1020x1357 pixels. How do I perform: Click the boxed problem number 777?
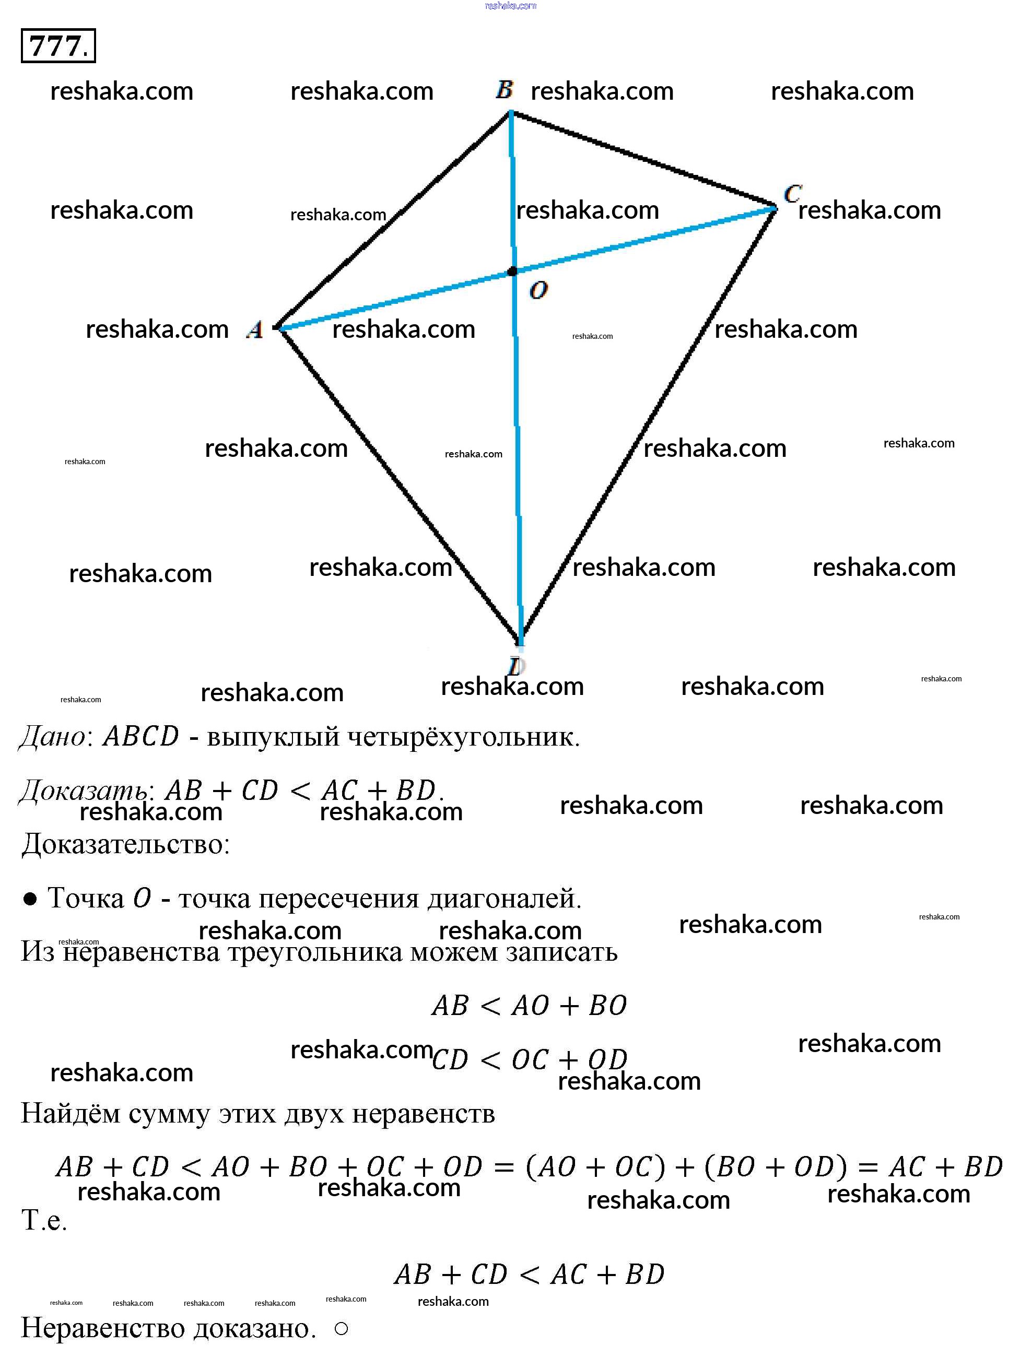click(x=58, y=45)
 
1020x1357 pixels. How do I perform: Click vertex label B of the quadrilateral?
click(x=505, y=90)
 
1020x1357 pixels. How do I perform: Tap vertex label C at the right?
click(x=792, y=193)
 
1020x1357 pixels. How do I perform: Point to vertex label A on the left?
click(x=255, y=330)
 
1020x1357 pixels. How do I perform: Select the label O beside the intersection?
click(x=538, y=290)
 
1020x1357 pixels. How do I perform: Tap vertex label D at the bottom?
click(x=515, y=666)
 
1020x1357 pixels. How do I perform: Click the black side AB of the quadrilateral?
click(x=393, y=220)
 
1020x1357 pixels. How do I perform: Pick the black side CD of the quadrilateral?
click(x=648, y=425)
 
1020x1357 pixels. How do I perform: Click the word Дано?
click(x=53, y=736)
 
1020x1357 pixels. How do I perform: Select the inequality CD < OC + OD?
click(x=529, y=1059)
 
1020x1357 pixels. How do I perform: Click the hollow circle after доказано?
click(x=342, y=1329)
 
